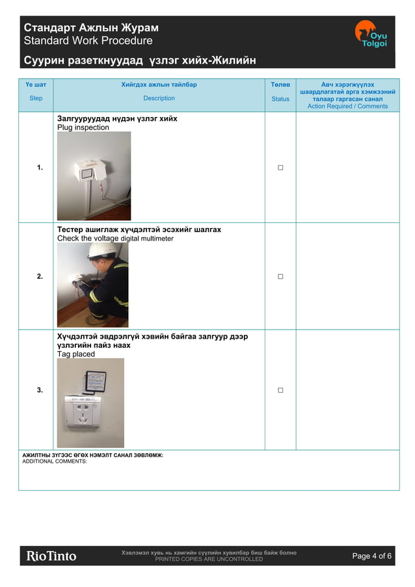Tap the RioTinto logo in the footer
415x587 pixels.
tap(51, 556)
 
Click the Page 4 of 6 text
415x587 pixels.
tap(371, 556)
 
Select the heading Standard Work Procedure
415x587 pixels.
tap(88, 41)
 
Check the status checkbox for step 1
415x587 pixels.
tap(280, 168)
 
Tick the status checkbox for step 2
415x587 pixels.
tap(280, 276)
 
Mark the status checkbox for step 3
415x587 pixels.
tap(280, 390)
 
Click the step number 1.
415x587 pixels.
tap(40, 168)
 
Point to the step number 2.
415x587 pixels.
tap(40, 276)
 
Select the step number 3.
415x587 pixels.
tap(40, 390)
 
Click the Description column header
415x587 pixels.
tap(159, 98)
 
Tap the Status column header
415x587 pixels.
tap(280, 99)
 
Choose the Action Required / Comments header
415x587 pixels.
tap(347, 106)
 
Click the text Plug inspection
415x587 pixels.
tap(83, 127)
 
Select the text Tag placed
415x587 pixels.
tap(75, 354)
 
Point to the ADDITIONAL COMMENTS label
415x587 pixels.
tap(55, 462)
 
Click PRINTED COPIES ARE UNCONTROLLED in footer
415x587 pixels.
tap(209, 559)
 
